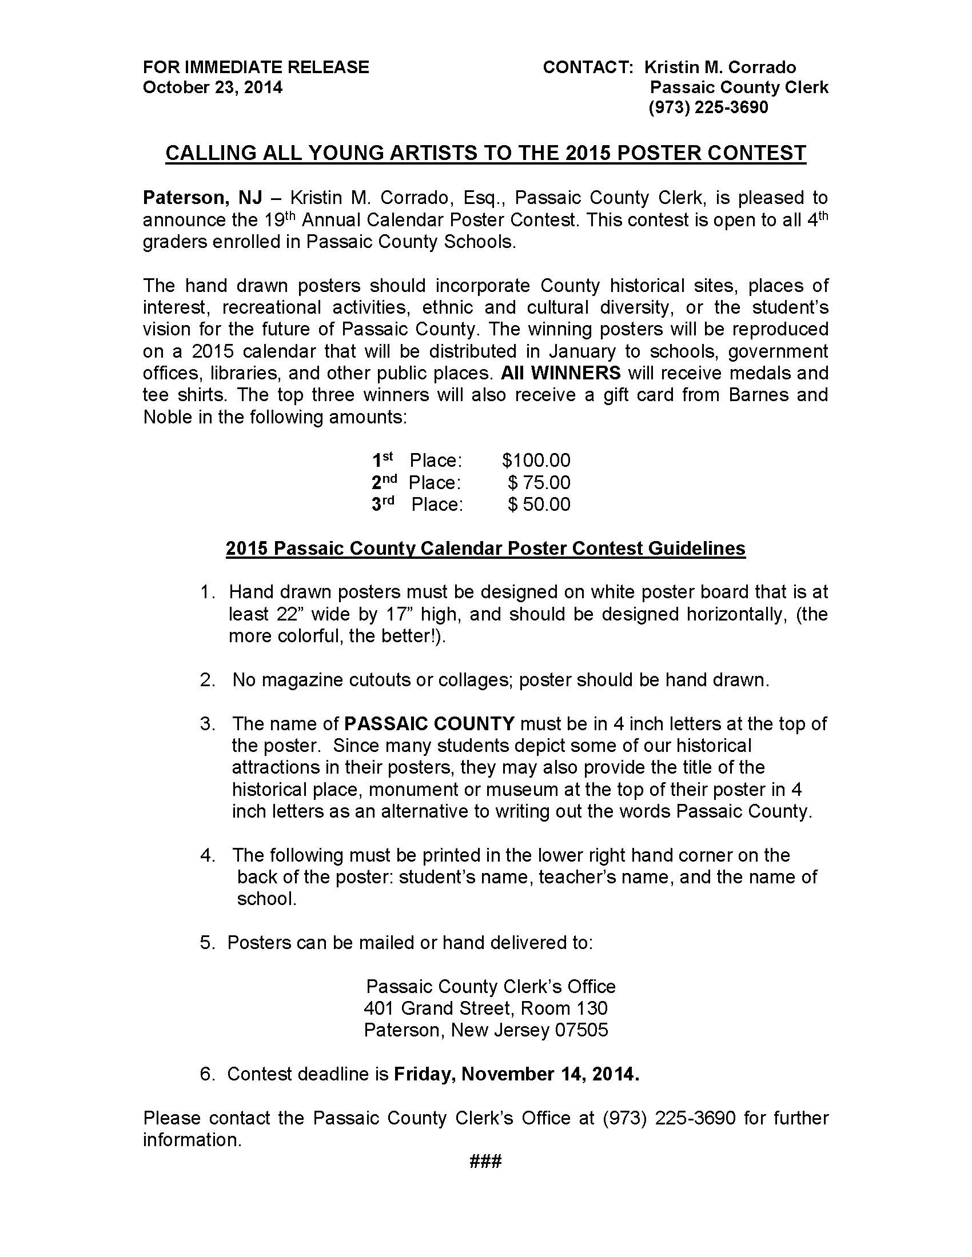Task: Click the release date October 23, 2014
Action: tap(213, 87)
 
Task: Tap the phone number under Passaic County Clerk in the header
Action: tap(708, 107)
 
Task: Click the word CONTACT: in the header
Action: tap(588, 67)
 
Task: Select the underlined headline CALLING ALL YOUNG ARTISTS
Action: tap(485, 153)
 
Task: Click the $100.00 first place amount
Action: tap(536, 461)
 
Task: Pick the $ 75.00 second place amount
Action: tap(539, 482)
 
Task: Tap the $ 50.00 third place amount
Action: tap(539, 504)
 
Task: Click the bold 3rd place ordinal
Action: tap(383, 503)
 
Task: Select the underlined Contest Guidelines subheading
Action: tap(485, 549)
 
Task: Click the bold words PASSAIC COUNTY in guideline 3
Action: tap(429, 724)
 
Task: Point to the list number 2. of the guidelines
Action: tap(208, 680)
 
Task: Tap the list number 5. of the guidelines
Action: tap(208, 943)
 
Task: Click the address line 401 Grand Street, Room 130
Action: tap(485, 1008)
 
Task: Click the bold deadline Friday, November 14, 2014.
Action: tap(516, 1074)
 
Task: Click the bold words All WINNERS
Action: tap(560, 373)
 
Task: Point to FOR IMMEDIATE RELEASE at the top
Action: tap(256, 67)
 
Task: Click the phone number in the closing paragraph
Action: tap(669, 1118)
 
